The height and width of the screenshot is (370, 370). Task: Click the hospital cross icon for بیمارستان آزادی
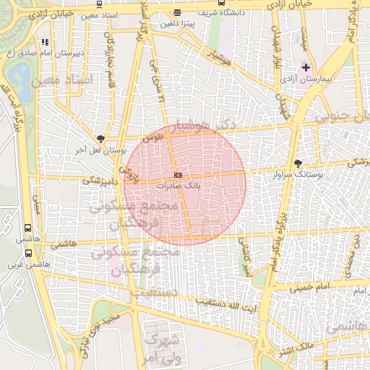(306, 67)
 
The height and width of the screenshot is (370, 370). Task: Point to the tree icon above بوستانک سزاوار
(298, 164)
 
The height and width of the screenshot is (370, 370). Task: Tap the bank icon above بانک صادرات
(178, 176)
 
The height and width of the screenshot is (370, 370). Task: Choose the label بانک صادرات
(178, 186)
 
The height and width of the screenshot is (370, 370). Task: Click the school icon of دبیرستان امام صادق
(46, 43)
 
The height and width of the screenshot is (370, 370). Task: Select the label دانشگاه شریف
(216, 12)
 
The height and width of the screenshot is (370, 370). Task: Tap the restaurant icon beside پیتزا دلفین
(178, 13)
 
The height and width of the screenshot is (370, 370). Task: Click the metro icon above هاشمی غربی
(28, 253)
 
